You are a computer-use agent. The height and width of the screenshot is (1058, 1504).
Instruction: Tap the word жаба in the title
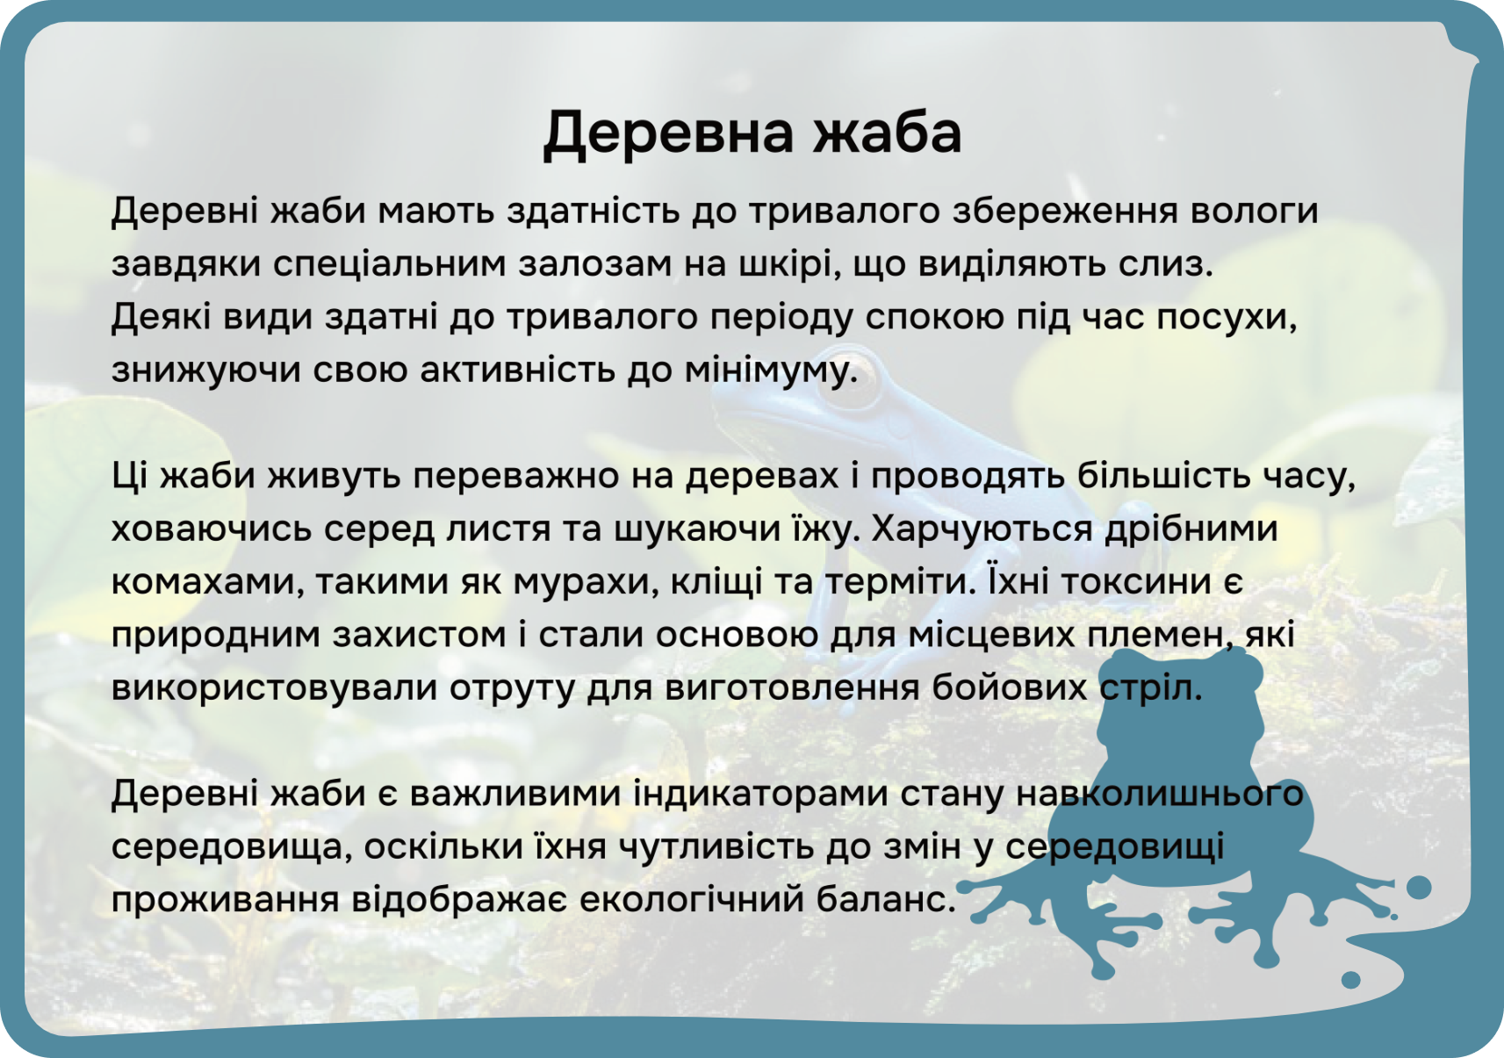pos(888,132)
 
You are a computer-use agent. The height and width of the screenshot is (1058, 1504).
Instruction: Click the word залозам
pos(595,264)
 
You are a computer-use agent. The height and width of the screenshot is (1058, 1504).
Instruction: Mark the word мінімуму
pos(771,371)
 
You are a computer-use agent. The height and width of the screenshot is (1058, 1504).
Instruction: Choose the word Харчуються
pos(982,529)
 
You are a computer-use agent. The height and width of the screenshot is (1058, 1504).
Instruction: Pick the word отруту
pos(512,688)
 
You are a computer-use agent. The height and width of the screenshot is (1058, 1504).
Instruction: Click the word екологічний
pos(692,900)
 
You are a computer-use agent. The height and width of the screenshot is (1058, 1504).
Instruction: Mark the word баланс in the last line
pos(886,900)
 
